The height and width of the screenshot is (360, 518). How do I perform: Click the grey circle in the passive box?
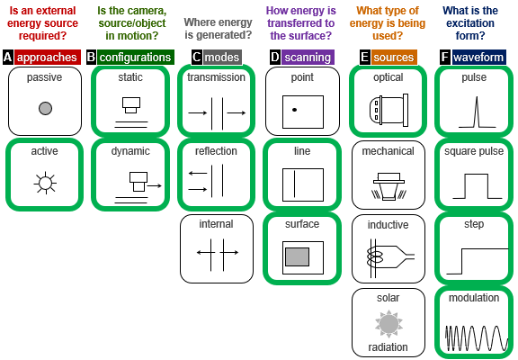tap(45, 108)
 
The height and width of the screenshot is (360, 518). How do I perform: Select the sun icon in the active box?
tap(45, 183)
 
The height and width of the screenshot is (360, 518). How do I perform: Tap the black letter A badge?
tap(7, 58)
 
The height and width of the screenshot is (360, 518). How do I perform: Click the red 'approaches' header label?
tap(48, 58)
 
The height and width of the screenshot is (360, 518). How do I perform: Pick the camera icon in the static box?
tap(131, 105)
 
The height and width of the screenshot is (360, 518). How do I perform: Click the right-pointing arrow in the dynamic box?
tap(155, 185)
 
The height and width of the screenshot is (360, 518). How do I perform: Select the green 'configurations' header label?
tap(136, 58)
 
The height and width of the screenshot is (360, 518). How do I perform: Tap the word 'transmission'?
tap(216, 77)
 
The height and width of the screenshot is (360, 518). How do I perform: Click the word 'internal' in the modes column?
tap(216, 224)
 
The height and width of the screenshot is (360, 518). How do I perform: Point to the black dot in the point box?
tap(294, 110)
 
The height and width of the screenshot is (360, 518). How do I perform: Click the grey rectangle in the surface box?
tap(298, 256)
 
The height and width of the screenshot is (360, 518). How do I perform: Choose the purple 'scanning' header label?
tap(308, 58)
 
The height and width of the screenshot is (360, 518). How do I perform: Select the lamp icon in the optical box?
tap(388, 110)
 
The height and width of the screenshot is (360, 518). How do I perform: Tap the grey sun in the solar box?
tap(388, 324)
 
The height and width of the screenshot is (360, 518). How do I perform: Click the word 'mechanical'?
tap(388, 151)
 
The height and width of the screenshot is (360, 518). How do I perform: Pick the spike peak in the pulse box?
tap(477, 97)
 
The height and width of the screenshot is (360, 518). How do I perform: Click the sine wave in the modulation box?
tap(477, 337)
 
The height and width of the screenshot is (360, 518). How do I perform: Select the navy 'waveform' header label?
tap(478, 58)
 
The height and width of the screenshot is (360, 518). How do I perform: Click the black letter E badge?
tap(364, 58)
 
